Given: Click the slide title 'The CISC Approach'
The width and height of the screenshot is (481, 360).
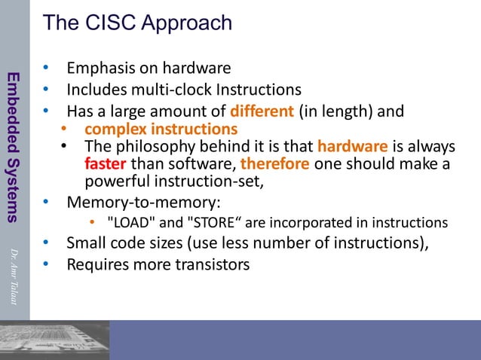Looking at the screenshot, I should pos(137,23).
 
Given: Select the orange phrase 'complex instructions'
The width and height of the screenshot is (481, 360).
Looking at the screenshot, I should pos(161,129).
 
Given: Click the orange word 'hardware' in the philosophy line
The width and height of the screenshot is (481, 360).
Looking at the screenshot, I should pos(353,146).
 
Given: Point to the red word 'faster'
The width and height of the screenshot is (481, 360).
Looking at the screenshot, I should pos(106,163).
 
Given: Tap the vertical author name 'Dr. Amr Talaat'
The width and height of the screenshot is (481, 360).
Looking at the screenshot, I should pos(13,276).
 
